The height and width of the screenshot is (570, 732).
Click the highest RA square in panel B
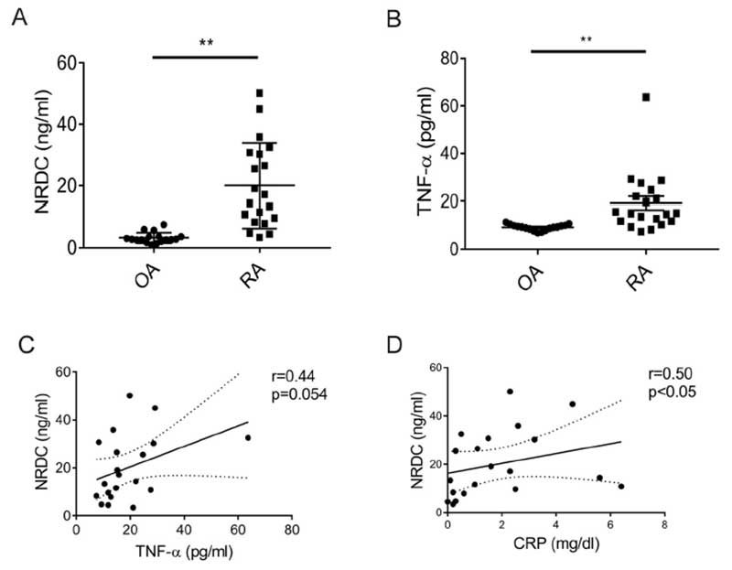(646, 97)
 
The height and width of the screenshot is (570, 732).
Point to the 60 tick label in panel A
(66, 63)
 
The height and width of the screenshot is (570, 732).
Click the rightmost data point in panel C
(248, 437)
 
